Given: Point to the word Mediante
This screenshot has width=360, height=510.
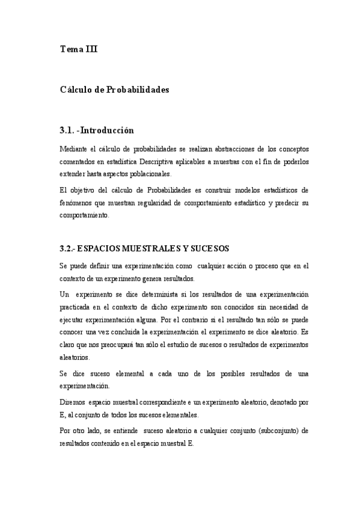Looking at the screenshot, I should coord(75,149).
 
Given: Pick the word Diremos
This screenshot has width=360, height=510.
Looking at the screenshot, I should coord(73,402).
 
